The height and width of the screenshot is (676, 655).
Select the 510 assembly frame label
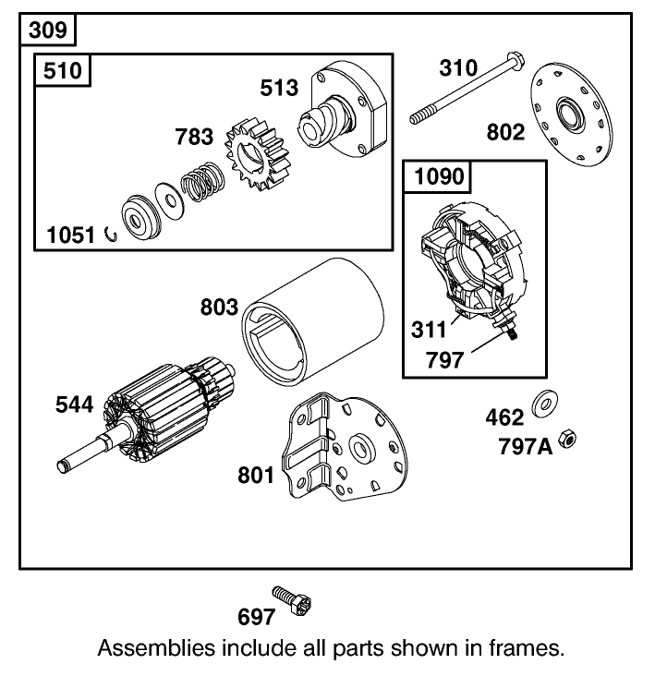[64, 71]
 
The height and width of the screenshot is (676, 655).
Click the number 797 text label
[446, 360]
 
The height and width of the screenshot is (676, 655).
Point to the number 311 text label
[429, 329]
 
